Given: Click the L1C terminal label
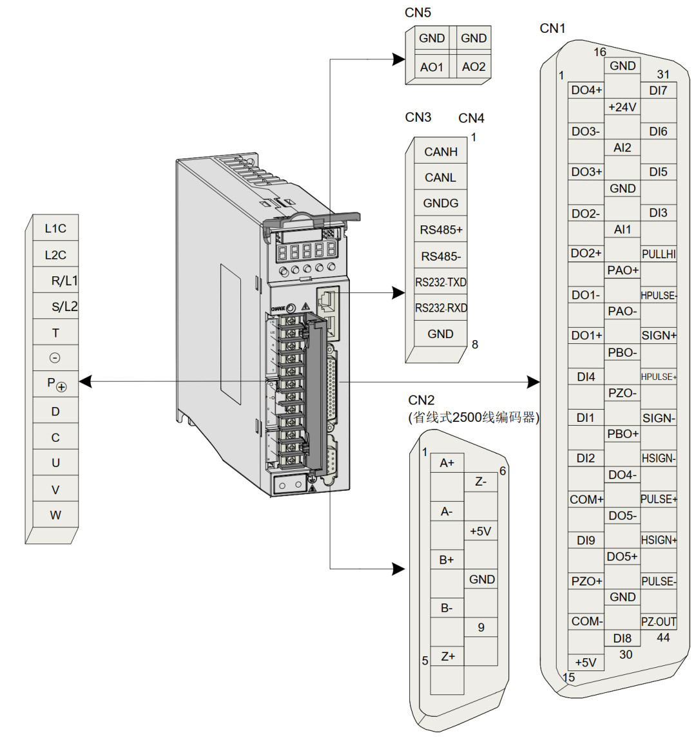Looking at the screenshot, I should tap(55, 229).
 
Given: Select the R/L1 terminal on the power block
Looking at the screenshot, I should tap(64, 281).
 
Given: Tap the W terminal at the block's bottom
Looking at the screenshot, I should tap(55, 515).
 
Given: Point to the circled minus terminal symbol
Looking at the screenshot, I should tap(55, 358).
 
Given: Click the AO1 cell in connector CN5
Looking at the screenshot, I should tap(431, 67).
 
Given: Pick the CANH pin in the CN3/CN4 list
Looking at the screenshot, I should tap(441, 152).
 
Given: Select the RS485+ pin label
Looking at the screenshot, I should tap(441, 230).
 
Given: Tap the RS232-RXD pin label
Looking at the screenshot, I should tap(441, 308).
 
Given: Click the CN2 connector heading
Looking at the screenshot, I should tap(421, 401).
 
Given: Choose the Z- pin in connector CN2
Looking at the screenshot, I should tap(481, 482).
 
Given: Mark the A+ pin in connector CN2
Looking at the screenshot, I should tap(447, 463).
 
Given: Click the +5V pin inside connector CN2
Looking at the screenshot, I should tap(481, 531).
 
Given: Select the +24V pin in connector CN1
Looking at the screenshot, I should tap(623, 107).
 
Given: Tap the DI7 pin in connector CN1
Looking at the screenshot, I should tap(659, 91).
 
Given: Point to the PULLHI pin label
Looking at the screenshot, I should tap(659, 254).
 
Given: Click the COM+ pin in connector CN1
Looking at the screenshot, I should tap(586, 499).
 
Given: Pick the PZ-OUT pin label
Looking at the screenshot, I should tap(659, 622).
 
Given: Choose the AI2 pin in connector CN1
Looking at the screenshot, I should tap(623, 148).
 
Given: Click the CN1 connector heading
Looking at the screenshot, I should tap(552, 28).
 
